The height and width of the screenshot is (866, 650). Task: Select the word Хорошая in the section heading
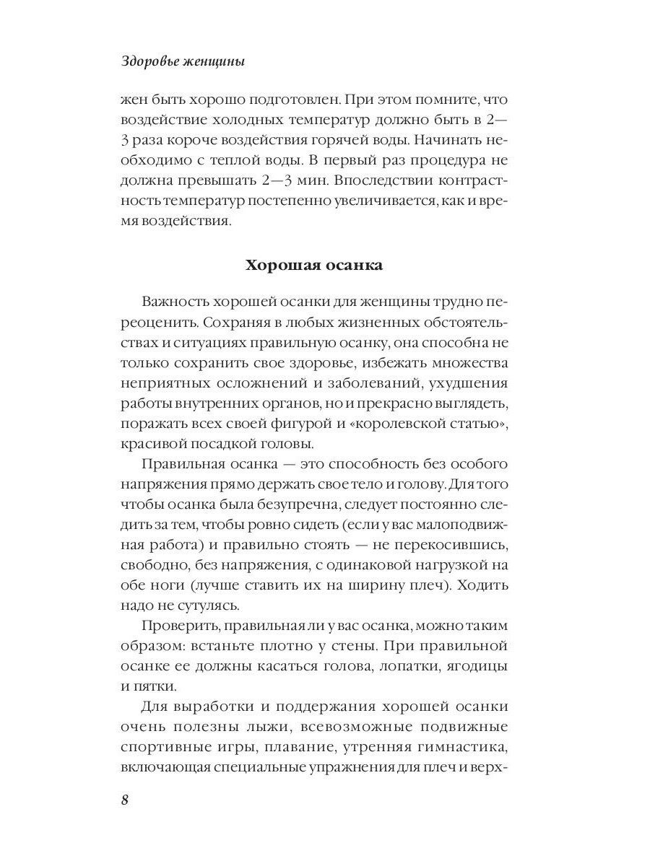coord(277,266)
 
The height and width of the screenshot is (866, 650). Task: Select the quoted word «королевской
coord(392,422)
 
